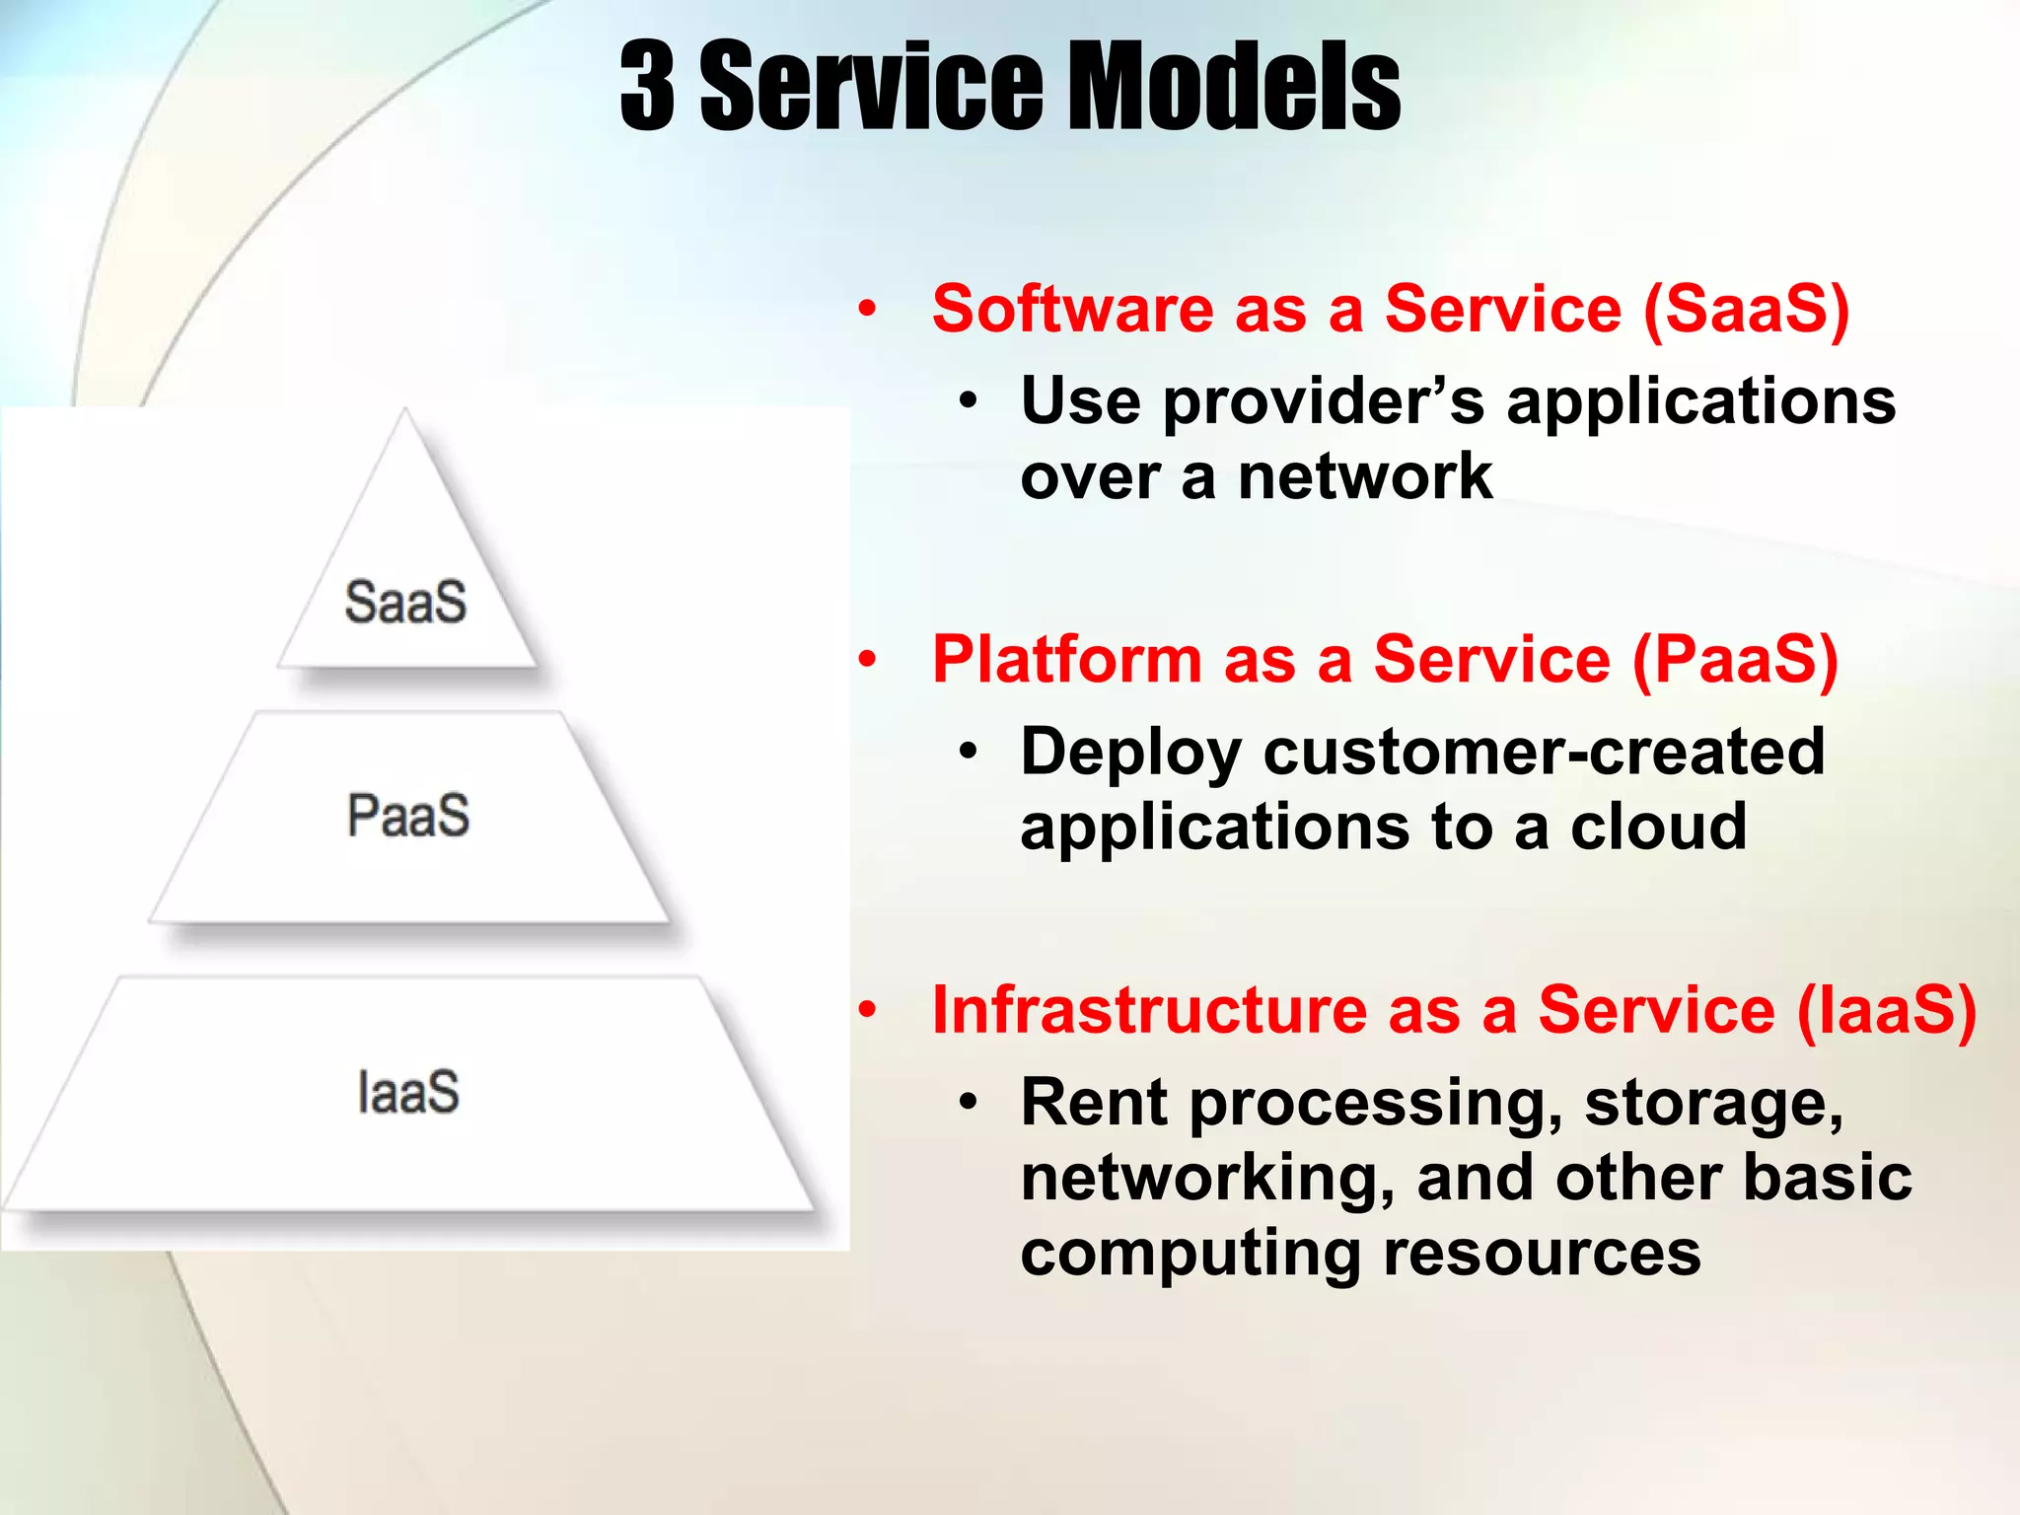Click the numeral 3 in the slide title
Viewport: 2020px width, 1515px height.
click(647, 87)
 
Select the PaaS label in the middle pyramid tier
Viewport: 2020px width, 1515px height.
click(408, 816)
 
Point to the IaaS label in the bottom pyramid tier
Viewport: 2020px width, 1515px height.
click(408, 1093)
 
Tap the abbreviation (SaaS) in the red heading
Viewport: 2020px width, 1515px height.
click(1746, 309)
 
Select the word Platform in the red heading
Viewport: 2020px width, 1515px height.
click(1066, 659)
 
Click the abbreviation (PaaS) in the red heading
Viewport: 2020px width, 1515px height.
click(1735, 659)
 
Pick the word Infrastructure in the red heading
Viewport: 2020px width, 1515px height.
click(1148, 1010)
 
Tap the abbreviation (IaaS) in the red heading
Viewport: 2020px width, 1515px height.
click(1887, 1010)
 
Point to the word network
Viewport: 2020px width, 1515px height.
click(1365, 477)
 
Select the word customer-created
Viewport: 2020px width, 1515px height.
click(1544, 752)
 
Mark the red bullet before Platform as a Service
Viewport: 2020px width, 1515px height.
click(867, 659)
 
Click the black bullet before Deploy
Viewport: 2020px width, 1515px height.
click(969, 753)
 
